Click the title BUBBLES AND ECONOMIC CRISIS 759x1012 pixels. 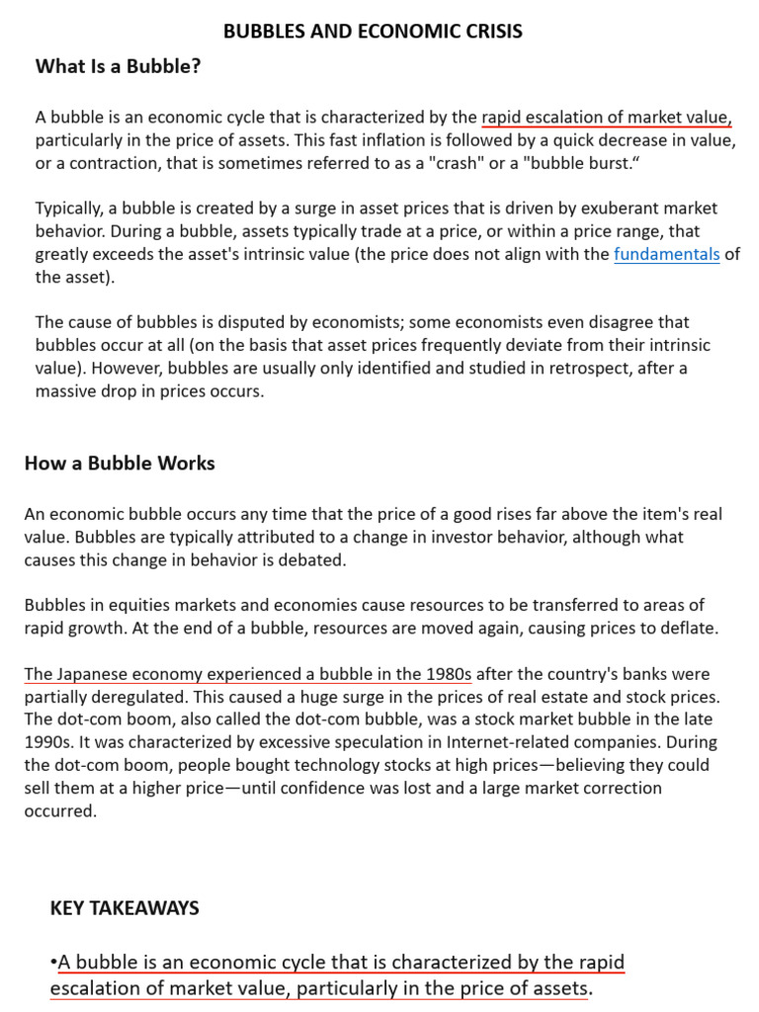click(373, 32)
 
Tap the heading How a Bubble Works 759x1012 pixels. click(120, 463)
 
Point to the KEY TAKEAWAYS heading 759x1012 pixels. click(125, 907)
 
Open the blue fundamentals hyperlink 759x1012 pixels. click(666, 254)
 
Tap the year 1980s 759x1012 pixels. click(446, 674)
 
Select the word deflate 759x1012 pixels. click(686, 628)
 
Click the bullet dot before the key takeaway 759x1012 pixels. click(53, 963)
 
